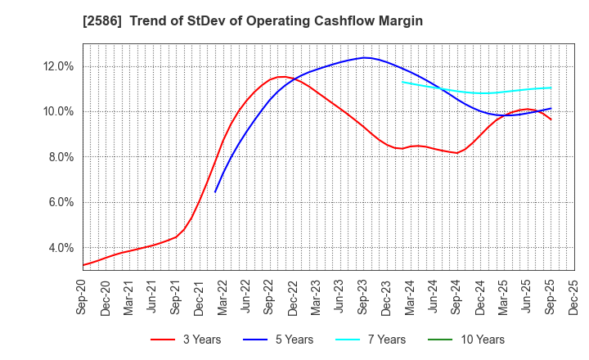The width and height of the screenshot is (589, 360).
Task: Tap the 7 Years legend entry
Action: click(x=382, y=340)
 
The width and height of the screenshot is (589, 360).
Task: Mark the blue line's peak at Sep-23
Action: click(x=365, y=57)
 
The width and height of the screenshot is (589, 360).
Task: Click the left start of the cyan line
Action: click(x=402, y=81)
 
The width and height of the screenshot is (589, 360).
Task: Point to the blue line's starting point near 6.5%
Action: click(x=215, y=192)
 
